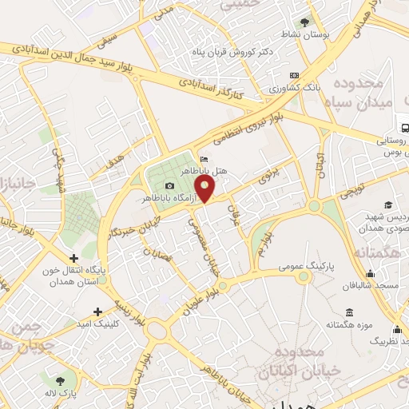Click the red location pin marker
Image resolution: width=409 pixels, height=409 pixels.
pyautogui.click(x=205, y=189)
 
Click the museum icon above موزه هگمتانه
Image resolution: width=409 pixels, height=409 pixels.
pyautogui.click(x=350, y=312)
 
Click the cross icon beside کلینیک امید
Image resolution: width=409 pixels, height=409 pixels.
pyautogui.click(x=97, y=312)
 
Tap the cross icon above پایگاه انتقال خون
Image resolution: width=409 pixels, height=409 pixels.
pyautogui.click(x=74, y=259)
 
